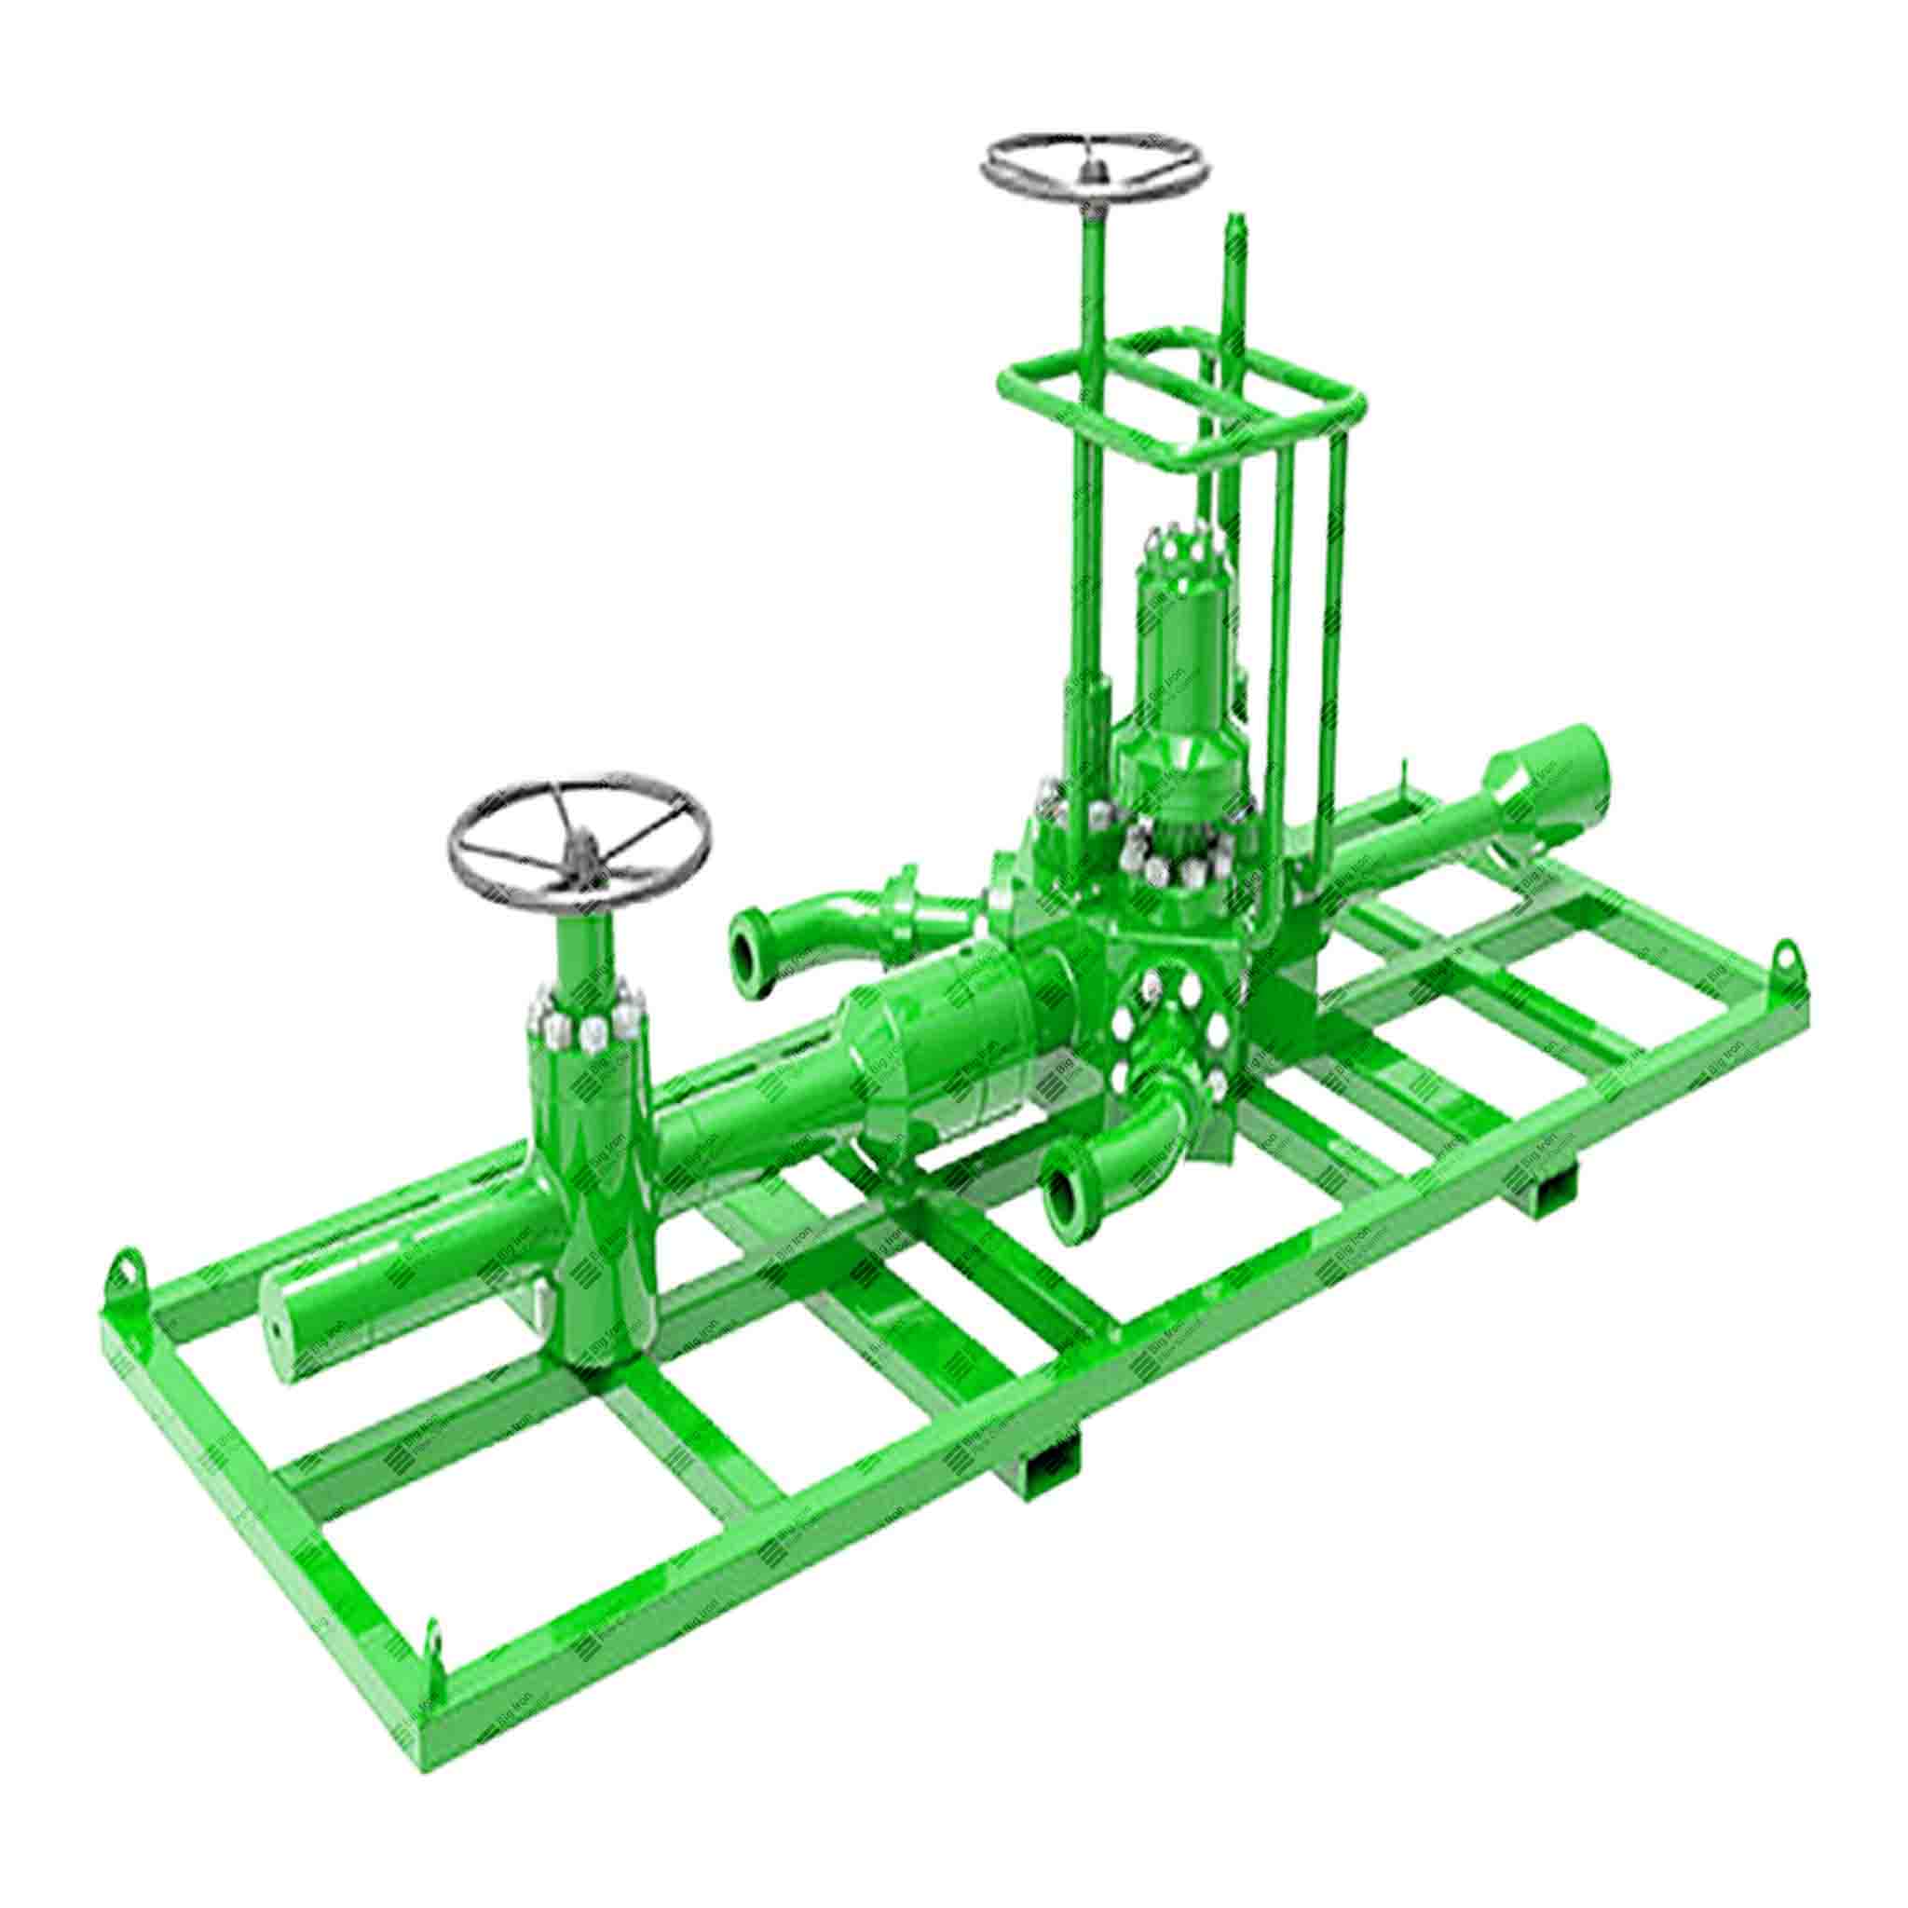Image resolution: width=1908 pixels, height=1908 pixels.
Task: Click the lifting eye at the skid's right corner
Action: (x=1787, y=957)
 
